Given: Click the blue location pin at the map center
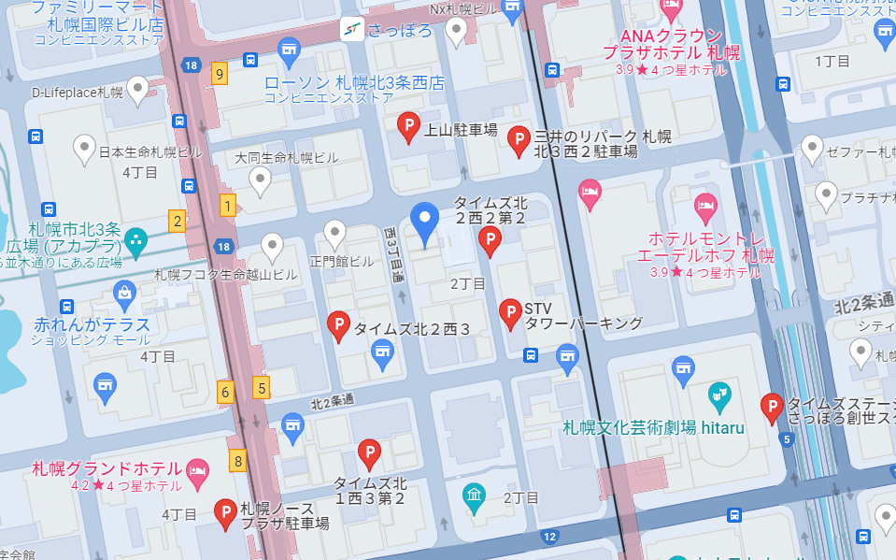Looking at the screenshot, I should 426,223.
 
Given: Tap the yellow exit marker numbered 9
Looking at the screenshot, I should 220,74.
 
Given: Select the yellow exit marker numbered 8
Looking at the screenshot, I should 239,460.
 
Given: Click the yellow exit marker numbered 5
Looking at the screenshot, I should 262,387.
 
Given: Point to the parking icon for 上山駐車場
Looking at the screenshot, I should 408,125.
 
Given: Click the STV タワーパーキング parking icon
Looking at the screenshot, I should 510,312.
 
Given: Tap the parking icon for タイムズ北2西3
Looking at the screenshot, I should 338,324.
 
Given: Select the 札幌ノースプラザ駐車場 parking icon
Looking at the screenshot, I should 225,512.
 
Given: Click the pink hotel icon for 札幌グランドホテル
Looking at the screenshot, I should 197,469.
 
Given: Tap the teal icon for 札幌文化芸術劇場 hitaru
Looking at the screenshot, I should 718,396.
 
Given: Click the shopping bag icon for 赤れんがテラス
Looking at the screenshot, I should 124,294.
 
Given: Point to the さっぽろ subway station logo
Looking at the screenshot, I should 352,30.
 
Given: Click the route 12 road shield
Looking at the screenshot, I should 549,537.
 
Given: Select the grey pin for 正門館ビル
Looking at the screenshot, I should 334,233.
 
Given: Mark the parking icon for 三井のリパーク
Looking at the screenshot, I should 518,140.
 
